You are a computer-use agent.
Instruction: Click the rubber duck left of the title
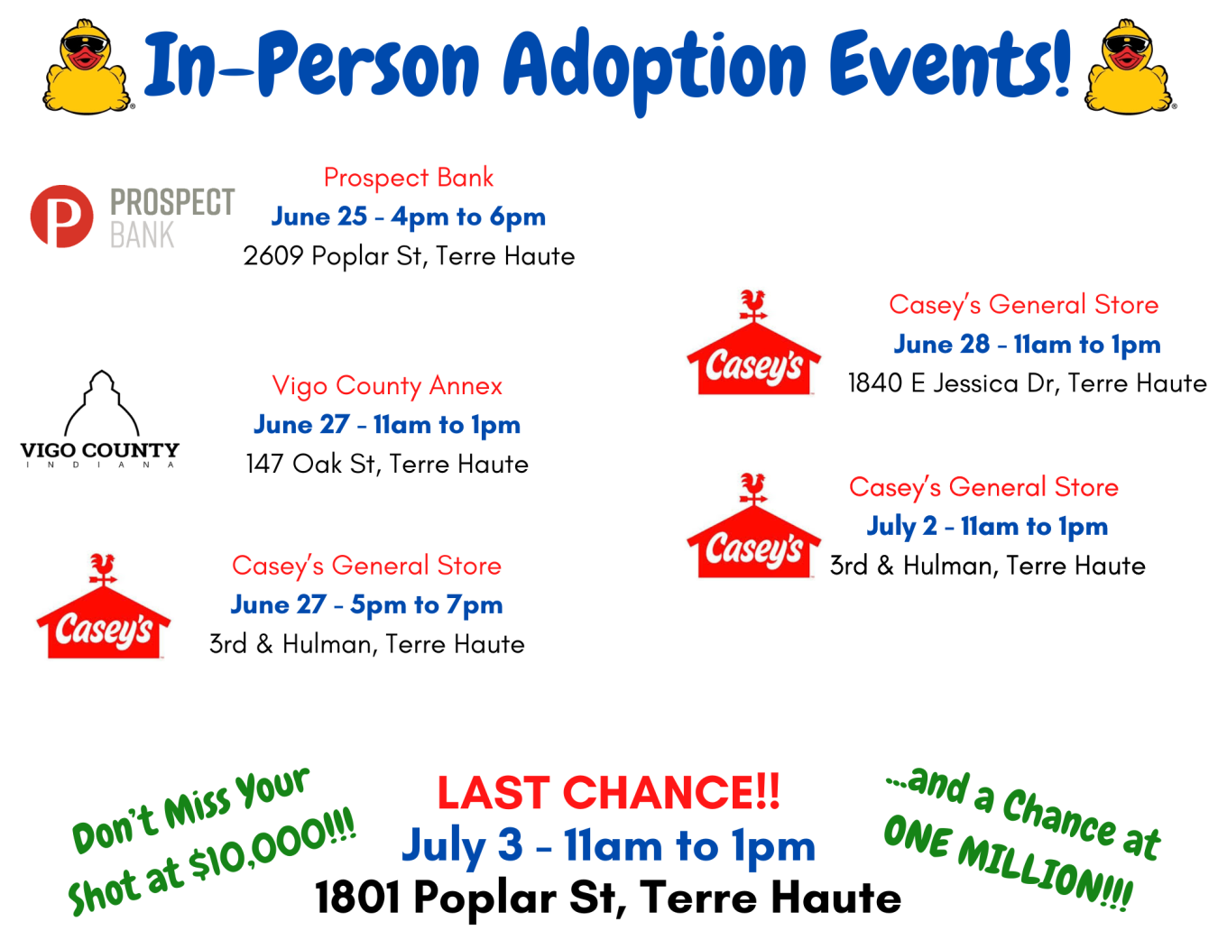(x=88, y=68)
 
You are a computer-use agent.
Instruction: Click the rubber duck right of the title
(x=1129, y=68)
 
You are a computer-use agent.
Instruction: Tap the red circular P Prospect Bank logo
(x=61, y=217)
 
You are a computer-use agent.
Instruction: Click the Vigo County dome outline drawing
(x=102, y=402)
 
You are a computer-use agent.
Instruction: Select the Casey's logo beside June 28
(x=754, y=342)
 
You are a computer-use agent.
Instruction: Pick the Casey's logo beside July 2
(x=754, y=525)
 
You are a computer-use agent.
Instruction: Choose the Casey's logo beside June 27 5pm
(x=103, y=606)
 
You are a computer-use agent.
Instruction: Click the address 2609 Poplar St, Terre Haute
(x=409, y=256)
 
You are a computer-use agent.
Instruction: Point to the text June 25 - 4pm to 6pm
(x=408, y=217)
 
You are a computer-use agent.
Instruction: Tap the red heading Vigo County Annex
(x=387, y=386)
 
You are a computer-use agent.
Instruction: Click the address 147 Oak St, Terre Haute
(x=387, y=465)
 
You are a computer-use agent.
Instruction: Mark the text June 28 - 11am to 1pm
(x=1027, y=345)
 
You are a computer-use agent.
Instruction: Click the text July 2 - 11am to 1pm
(x=987, y=527)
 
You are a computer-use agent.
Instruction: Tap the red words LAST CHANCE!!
(x=608, y=792)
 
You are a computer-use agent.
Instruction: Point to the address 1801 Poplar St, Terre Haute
(x=608, y=897)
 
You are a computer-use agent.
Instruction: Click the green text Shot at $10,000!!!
(x=211, y=862)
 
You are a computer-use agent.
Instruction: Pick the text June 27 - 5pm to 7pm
(x=366, y=605)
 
